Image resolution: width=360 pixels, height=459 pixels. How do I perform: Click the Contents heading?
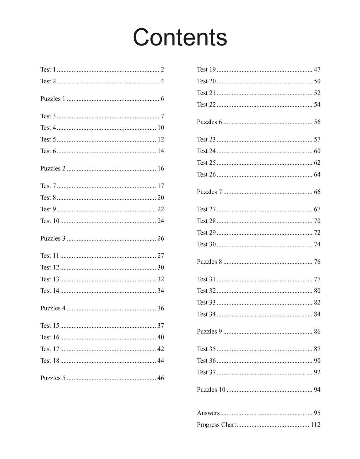click(180, 37)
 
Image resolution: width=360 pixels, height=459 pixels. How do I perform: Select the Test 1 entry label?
click(48, 70)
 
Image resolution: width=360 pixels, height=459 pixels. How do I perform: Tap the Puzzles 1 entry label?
click(53, 99)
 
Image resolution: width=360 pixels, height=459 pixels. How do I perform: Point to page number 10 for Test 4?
click(160, 128)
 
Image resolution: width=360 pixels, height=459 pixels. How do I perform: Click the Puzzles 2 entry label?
click(53, 168)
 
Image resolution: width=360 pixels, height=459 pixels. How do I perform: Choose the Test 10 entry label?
click(50, 221)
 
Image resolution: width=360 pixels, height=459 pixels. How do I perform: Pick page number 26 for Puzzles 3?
click(160, 239)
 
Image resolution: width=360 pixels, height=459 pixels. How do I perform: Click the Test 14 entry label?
click(50, 291)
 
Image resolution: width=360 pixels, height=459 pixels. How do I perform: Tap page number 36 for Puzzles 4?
click(160, 308)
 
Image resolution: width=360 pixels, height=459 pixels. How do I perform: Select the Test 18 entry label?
click(50, 361)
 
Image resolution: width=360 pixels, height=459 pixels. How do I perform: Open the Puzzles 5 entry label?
click(53, 378)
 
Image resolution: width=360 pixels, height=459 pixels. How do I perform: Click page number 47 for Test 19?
click(317, 70)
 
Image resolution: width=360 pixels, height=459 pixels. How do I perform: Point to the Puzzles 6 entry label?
click(209, 122)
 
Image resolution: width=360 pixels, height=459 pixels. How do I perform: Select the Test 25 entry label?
click(206, 163)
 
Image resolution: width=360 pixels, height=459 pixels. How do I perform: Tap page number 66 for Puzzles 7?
click(317, 192)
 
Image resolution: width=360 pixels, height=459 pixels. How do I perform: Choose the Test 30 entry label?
click(206, 244)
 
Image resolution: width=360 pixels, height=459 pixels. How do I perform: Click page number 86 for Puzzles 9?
click(317, 332)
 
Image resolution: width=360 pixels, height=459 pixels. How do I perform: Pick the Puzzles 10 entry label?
click(211, 390)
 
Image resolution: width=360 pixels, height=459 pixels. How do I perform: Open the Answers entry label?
click(208, 413)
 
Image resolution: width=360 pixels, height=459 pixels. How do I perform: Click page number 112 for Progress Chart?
click(315, 425)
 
